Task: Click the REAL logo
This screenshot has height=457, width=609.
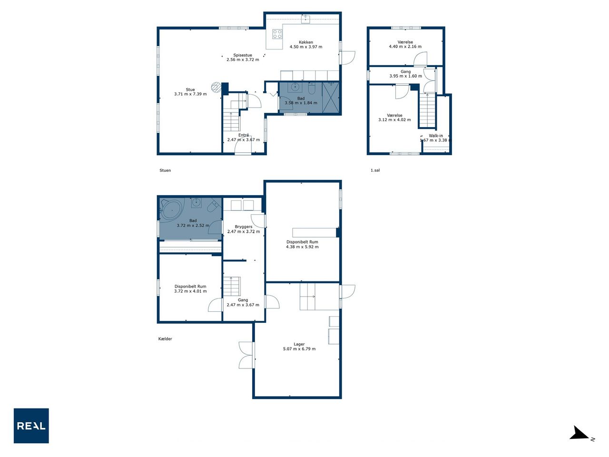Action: pyautogui.click(x=31, y=426)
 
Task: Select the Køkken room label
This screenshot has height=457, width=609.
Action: pyautogui.click(x=306, y=42)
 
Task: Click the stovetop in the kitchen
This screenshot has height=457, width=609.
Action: pyautogui.click(x=277, y=34)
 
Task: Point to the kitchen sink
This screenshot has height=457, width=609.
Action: pyautogui.click(x=305, y=19)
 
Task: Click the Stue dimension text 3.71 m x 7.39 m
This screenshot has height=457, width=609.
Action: pyautogui.click(x=190, y=94)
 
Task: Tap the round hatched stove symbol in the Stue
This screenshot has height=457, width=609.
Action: pyautogui.click(x=216, y=87)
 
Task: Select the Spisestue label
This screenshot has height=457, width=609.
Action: pyautogui.click(x=243, y=55)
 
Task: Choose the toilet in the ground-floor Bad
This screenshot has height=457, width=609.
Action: pyautogui.click(x=312, y=88)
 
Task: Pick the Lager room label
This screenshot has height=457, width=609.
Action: pyautogui.click(x=299, y=344)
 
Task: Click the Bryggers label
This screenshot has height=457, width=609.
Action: pyautogui.click(x=244, y=227)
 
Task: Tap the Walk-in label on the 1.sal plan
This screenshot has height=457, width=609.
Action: pyautogui.click(x=436, y=136)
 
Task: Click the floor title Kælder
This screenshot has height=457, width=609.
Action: pyautogui.click(x=165, y=339)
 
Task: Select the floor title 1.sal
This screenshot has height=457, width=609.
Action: pyautogui.click(x=375, y=170)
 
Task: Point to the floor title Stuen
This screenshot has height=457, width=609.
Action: pyautogui.click(x=165, y=170)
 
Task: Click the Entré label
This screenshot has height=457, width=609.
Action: pyautogui.click(x=244, y=135)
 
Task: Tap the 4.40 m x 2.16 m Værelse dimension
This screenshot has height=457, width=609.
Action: pyautogui.click(x=405, y=47)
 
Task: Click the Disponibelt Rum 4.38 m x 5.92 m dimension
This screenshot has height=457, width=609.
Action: pyautogui.click(x=302, y=247)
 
